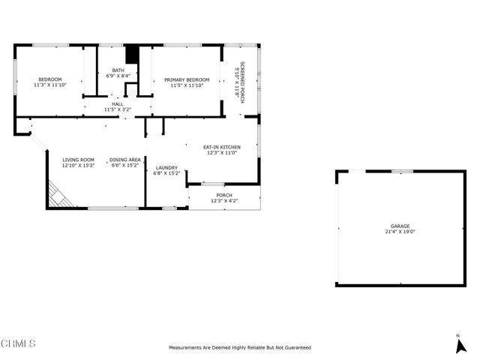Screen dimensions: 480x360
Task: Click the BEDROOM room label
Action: coord(50,79)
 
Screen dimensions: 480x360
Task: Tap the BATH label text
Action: coord(118,70)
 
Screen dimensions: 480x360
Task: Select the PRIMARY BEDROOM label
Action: coord(187,80)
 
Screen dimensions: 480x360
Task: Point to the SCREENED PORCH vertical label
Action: coord(242,82)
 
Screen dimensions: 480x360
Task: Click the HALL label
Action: coord(118,104)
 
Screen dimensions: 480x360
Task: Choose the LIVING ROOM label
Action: coord(78,160)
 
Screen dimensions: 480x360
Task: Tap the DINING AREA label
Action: coord(125,160)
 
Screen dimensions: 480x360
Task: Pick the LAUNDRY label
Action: coord(166,168)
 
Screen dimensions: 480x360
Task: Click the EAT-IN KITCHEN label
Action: coord(222,147)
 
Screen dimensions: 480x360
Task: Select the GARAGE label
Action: coord(400,226)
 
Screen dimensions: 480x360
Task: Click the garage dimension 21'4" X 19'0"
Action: coord(400,232)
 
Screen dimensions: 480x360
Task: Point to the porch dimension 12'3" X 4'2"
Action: coord(224,201)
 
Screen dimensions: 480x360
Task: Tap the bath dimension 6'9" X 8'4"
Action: coord(118,76)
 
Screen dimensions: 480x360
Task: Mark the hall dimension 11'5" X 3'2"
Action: coord(118,109)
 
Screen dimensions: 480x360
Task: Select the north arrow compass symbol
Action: coord(460,346)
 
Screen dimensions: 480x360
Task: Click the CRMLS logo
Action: coord(18,343)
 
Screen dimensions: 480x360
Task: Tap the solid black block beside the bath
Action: coord(132,55)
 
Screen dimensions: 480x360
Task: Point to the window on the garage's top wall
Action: coord(403,172)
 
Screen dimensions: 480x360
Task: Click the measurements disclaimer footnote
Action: coord(240,348)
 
